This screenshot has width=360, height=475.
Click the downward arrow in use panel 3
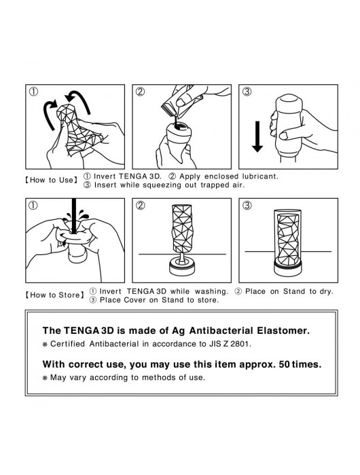(x=257, y=136)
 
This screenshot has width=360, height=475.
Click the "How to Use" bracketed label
(x=51, y=180)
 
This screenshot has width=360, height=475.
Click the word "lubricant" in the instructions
(x=260, y=176)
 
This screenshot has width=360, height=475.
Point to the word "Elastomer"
(x=283, y=330)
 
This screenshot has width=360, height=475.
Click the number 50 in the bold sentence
(x=284, y=364)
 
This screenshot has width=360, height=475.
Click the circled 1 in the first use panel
(x=33, y=92)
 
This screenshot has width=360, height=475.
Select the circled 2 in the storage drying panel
(x=140, y=206)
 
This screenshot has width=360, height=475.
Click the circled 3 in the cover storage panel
(x=247, y=206)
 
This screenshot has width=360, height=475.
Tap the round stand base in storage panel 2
(x=181, y=266)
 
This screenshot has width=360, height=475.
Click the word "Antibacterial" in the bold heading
(x=221, y=330)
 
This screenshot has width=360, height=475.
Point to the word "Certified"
(x=68, y=344)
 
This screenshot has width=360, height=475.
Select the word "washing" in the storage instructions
(x=211, y=291)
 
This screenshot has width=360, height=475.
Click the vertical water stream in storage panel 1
(x=73, y=216)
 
